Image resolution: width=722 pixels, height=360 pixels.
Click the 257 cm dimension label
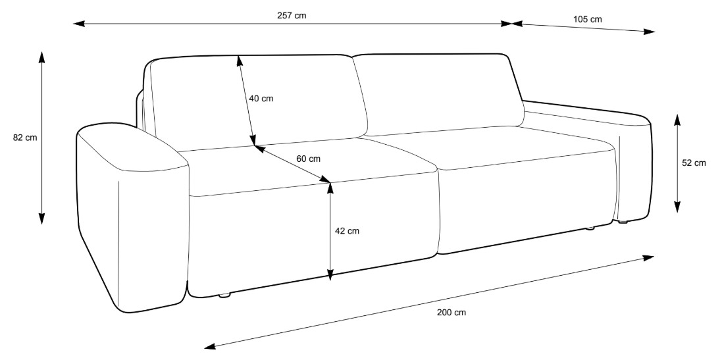pos(292,14)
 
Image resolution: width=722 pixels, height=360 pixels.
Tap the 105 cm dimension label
pos(588,19)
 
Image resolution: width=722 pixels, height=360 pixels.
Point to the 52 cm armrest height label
pos(694,163)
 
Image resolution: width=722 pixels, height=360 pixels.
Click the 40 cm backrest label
pos(261,99)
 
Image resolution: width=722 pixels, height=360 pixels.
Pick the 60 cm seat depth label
pos(307,159)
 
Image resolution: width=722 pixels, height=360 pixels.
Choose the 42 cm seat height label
pos(347,231)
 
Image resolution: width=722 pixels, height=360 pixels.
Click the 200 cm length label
pos(451,312)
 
